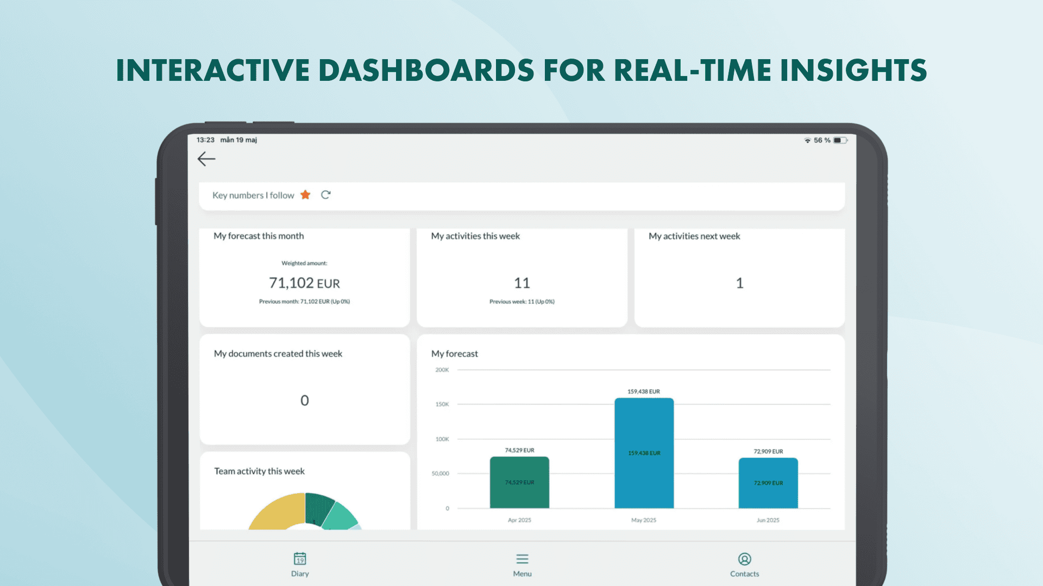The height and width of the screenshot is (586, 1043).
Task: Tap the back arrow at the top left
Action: tap(206, 159)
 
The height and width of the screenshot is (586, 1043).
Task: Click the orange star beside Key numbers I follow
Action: tap(305, 195)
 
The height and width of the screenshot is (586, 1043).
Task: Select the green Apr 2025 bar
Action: tap(519, 482)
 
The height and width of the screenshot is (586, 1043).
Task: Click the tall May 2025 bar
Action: tap(644, 453)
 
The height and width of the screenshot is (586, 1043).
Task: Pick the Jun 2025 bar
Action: tap(768, 483)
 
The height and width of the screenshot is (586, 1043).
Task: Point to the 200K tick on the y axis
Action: tap(442, 370)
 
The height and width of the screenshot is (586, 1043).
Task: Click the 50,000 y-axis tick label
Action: tap(441, 474)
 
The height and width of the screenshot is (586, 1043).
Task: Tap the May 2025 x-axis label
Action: tap(644, 520)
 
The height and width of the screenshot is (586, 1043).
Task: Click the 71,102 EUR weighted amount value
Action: tap(304, 283)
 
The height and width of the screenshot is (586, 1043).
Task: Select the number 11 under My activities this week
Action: tap(522, 283)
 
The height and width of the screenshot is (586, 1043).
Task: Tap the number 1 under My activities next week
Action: tap(739, 283)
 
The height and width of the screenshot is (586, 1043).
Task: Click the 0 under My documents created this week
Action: tap(305, 400)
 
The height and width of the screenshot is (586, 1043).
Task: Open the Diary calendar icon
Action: tap(300, 558)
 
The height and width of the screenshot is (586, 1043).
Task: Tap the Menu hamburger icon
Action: tap(523, 559)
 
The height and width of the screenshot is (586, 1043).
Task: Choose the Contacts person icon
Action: tap(745, 559)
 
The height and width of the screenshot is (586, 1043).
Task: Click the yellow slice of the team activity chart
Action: tap(274, 512)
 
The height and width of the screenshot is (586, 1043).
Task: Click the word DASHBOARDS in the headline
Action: tap(426, 71)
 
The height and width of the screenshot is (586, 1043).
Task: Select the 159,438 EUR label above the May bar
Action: tap(644, 392)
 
